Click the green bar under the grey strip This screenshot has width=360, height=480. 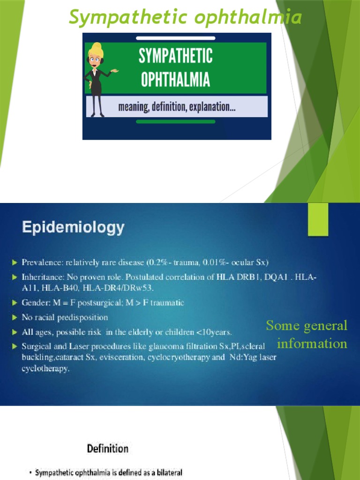tap(175, 121)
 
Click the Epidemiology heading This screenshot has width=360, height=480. tap(74, 228)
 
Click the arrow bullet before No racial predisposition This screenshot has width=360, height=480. tap(15, 318)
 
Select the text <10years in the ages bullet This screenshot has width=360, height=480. tap(215, 332)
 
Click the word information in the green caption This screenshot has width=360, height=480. tap(312, 344)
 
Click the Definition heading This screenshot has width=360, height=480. tap(107, 449)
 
